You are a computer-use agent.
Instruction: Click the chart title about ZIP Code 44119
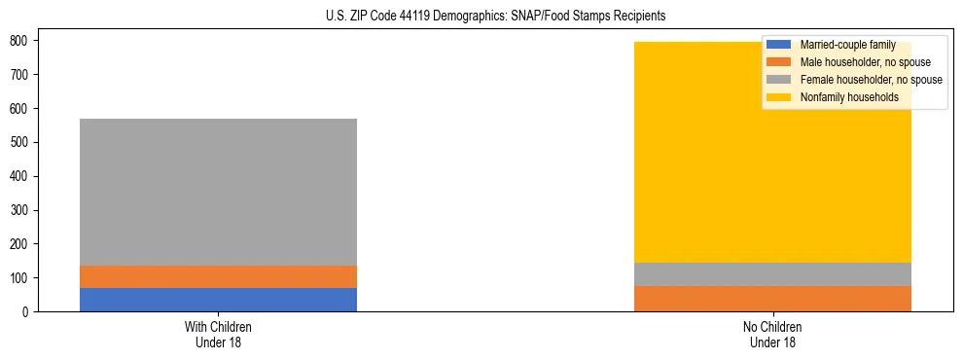481,17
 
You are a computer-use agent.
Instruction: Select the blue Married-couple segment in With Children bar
218,300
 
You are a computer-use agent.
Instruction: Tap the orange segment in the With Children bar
218,277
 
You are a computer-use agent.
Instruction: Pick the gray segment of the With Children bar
218,192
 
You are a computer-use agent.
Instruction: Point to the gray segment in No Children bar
772,274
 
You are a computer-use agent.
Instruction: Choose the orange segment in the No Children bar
772,299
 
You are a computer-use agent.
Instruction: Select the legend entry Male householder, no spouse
851,62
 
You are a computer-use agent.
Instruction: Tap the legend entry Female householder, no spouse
856,80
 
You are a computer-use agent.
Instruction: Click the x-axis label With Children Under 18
218,334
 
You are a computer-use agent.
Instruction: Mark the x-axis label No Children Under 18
772,334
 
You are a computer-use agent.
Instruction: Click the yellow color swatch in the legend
779,97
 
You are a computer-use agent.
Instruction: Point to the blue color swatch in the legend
779,45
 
